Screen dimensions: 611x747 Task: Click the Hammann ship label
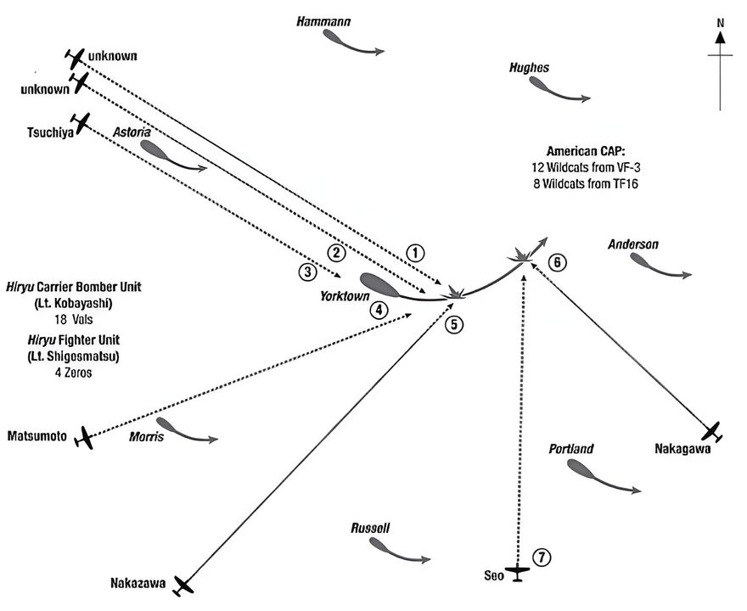tap(323, 21)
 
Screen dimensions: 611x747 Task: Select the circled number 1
tap(414, 252)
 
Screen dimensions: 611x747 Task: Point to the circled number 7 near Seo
tap(542, 558)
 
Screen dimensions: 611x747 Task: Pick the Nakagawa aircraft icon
tap(711, 431)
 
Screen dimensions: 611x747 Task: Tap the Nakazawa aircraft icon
tap(183, 584)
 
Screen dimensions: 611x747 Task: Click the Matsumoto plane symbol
tap(84, 438)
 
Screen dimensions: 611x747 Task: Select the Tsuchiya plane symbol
tap(81, 123)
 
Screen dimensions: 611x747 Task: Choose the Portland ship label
tap(570, 449)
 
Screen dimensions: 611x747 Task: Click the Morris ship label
tap(147, 437)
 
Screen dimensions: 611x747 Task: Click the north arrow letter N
tap(720, 22)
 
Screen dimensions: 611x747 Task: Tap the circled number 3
tap(308, 272)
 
